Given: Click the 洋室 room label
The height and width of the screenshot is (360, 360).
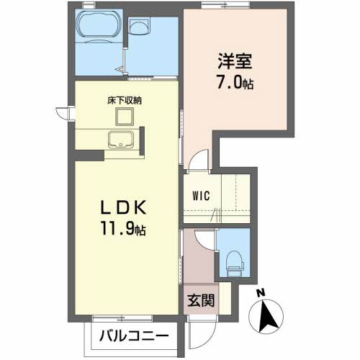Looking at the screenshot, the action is click(235, 61).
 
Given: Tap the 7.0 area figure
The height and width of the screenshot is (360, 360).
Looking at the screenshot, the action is click(231, 81).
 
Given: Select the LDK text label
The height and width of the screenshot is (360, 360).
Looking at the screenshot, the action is click(123, 207).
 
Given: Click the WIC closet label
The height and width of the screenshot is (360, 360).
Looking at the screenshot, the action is click(201, 196).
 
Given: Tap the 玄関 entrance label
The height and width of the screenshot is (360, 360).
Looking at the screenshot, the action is click(201, 300).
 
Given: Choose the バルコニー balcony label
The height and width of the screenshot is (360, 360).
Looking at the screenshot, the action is click(135, 336).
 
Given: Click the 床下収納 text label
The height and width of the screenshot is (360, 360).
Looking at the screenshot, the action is click(125, 100).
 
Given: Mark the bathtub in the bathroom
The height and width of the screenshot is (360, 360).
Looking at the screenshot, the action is click(99, 27).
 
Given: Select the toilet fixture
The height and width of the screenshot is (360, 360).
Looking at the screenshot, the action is click(234, 264).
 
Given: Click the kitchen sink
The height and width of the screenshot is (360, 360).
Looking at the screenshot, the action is click(121, 140).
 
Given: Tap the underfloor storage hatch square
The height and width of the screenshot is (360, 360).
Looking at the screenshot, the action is click(125, 117).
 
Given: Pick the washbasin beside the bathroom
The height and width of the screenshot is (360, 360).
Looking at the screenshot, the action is click(140, 27).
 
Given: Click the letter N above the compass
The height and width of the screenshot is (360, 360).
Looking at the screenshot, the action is click(261, 293).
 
